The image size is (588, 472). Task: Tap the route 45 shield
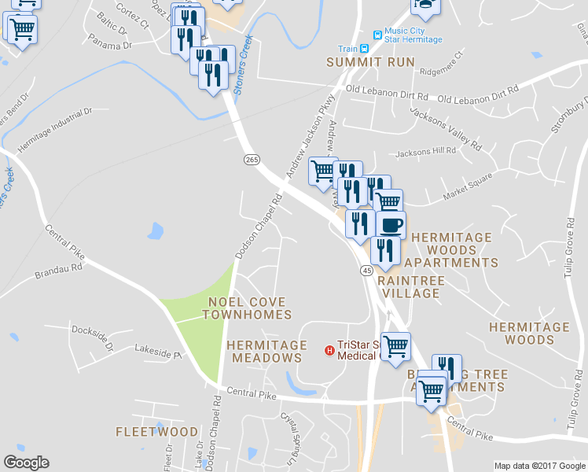click(366, 271)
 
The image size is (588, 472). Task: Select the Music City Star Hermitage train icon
click(377, 35)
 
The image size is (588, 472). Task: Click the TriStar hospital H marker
click(329, 349)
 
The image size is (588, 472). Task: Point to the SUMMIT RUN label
click(364, 61)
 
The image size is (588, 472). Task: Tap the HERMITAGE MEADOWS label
click(266, 351)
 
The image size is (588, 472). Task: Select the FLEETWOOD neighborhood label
click(156, 432)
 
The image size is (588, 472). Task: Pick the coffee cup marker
click(391, 224)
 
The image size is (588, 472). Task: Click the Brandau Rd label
click(58, 271)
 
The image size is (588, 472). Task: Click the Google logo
click(26, 463)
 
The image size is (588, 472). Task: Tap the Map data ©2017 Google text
click(538, 466)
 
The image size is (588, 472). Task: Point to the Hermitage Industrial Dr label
click(55, 131)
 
